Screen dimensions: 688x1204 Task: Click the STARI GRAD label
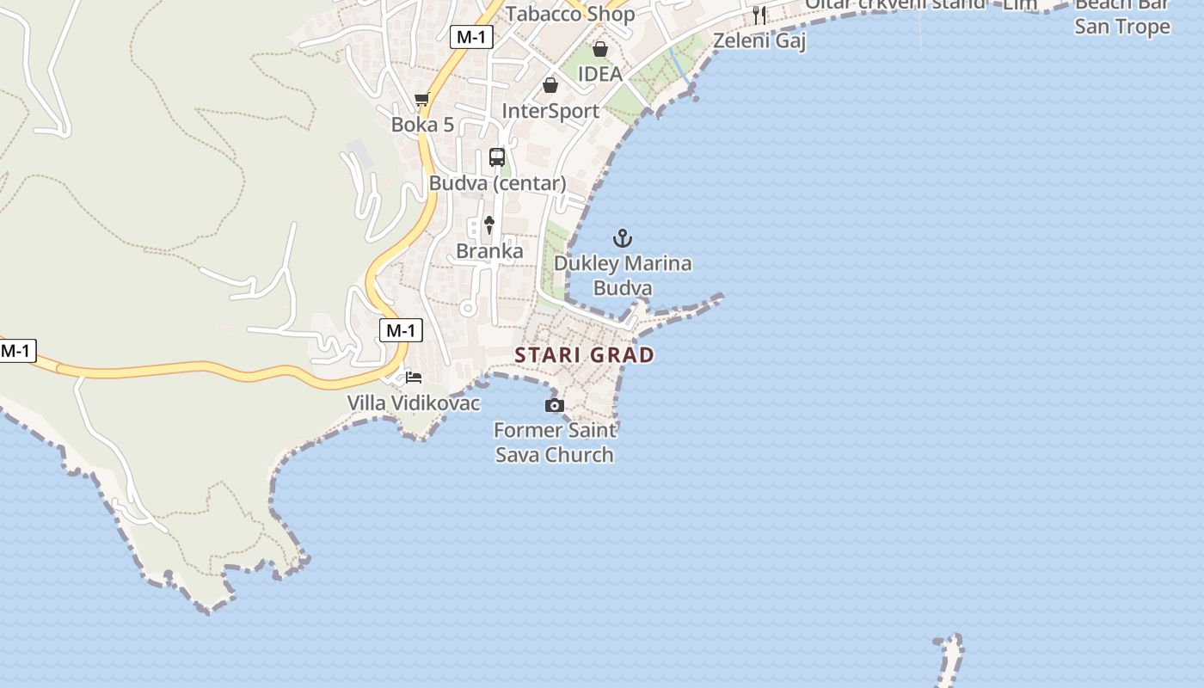pyautogui.click(x=584, y=354)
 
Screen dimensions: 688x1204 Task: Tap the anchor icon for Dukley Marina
pyautogui.click(x=622, y=238)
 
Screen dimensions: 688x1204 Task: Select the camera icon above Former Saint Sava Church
pyautogui.click(x=555, y=405)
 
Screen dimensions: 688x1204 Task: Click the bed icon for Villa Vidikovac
pyautogui.click(x=414, y=378)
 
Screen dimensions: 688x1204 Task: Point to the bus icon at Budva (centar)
pyautogui.click(x=497, y=157)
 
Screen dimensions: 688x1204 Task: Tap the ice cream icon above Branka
pyautogui.click(x=489, y=225)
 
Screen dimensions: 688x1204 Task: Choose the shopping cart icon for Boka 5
pyautogui.click(x=421, y=100)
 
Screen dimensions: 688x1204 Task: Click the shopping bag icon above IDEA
pyautogui.click(x=600, y=49)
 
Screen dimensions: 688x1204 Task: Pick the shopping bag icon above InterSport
pyautogui.click(x=550, y=85)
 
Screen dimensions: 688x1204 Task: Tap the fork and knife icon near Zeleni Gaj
pyautogui.click(x=759, y=15)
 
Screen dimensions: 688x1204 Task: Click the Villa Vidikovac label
pyautogui.click(x=414, y=402)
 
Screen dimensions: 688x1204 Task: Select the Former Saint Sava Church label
pyautogui.click(x=555, y=442)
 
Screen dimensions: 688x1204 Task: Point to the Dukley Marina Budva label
pyautogui.click(x=623, y=275)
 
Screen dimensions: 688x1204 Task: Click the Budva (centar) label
pyautogui.click(x=497, y=183)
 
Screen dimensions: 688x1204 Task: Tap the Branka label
pyautogui.click(x=489, y=251)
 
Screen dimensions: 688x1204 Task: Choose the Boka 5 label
pyautogui.click(x=422, y=125)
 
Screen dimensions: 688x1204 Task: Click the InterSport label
pyautogui.click(x=550, y=111)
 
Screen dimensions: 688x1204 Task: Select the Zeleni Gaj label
pyautogui.click(x=759, y=40)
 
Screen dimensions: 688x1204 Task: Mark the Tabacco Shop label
pyautogui.click(x=570, y=13)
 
